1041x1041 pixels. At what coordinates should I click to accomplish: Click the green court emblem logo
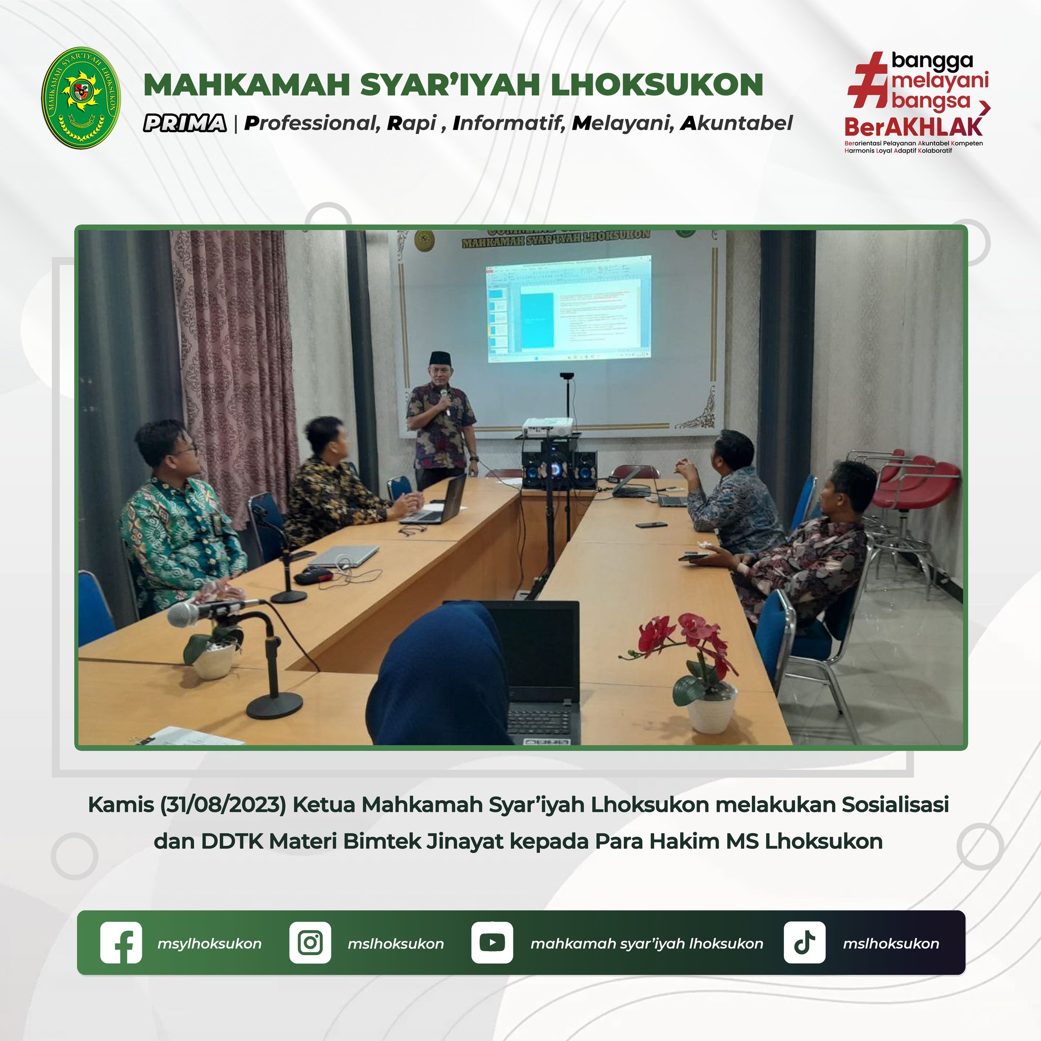coord(81,98)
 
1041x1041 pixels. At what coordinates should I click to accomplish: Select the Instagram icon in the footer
coord(310,942)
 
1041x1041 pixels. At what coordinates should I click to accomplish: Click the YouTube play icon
coord(492,942)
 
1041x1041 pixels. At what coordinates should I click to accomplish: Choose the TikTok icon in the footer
coord(804,942)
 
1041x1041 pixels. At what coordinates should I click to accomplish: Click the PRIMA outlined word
coord(185,124)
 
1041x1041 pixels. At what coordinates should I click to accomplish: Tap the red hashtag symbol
coord(868,80)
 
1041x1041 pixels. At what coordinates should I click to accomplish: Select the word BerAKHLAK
coord(914,127)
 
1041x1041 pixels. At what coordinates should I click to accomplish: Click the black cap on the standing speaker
coord(440,357)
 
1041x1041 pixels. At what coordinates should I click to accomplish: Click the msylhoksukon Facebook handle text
coord(209,943)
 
